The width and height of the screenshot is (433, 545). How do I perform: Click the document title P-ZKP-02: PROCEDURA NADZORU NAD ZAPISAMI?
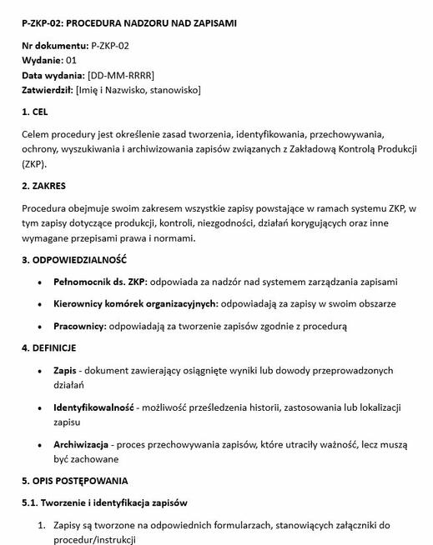128,23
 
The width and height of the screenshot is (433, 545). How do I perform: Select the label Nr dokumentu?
55,46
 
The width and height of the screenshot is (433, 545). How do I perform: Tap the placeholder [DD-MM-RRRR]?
120,76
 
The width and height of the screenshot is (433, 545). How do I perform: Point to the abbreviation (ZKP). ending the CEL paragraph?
35,164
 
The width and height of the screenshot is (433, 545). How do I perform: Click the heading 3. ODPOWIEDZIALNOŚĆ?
74,261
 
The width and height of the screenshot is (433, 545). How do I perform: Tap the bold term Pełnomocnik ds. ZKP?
100,282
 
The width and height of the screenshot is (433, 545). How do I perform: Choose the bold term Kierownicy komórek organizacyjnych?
136,304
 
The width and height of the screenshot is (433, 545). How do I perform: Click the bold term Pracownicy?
80,326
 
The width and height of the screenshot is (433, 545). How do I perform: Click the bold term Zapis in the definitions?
65,370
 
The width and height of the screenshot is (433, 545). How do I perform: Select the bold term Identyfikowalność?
93,407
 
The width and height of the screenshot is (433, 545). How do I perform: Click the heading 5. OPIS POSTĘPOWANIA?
75,481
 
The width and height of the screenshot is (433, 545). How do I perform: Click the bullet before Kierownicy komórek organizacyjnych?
41,304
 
